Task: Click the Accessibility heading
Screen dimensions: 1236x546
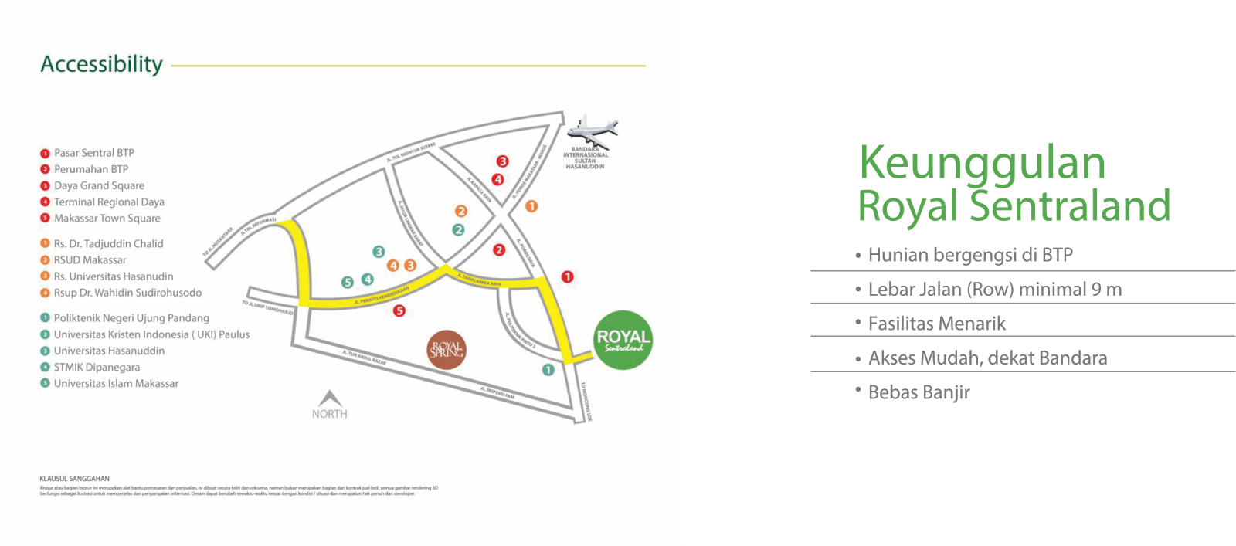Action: (101, 64)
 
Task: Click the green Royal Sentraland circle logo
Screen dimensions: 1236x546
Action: (623, 340)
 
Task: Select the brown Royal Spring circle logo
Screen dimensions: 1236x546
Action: (447, 349)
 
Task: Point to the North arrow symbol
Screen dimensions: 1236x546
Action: (330, 399)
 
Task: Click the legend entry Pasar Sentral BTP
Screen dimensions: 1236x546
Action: (93, 153)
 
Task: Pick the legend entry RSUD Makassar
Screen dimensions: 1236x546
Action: (90, 260)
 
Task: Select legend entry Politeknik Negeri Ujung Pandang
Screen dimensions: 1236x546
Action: (131, 318)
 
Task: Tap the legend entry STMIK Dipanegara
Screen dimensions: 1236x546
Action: (97, 368)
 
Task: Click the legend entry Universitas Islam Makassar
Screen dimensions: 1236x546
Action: (116, 384)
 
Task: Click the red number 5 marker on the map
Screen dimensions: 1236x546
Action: (399, 311)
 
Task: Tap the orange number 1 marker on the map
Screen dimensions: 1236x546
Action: (531, 206)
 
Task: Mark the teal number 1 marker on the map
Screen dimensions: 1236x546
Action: (548, 370)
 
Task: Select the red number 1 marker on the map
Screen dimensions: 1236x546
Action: (567, 276)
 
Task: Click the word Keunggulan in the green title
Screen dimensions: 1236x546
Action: (983, 163)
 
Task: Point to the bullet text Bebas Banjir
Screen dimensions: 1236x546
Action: (919, 392)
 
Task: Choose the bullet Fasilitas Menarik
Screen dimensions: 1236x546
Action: (936, 324)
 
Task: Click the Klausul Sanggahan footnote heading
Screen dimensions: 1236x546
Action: (75, 479)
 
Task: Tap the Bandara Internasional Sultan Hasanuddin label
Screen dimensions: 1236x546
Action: (585, 158)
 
